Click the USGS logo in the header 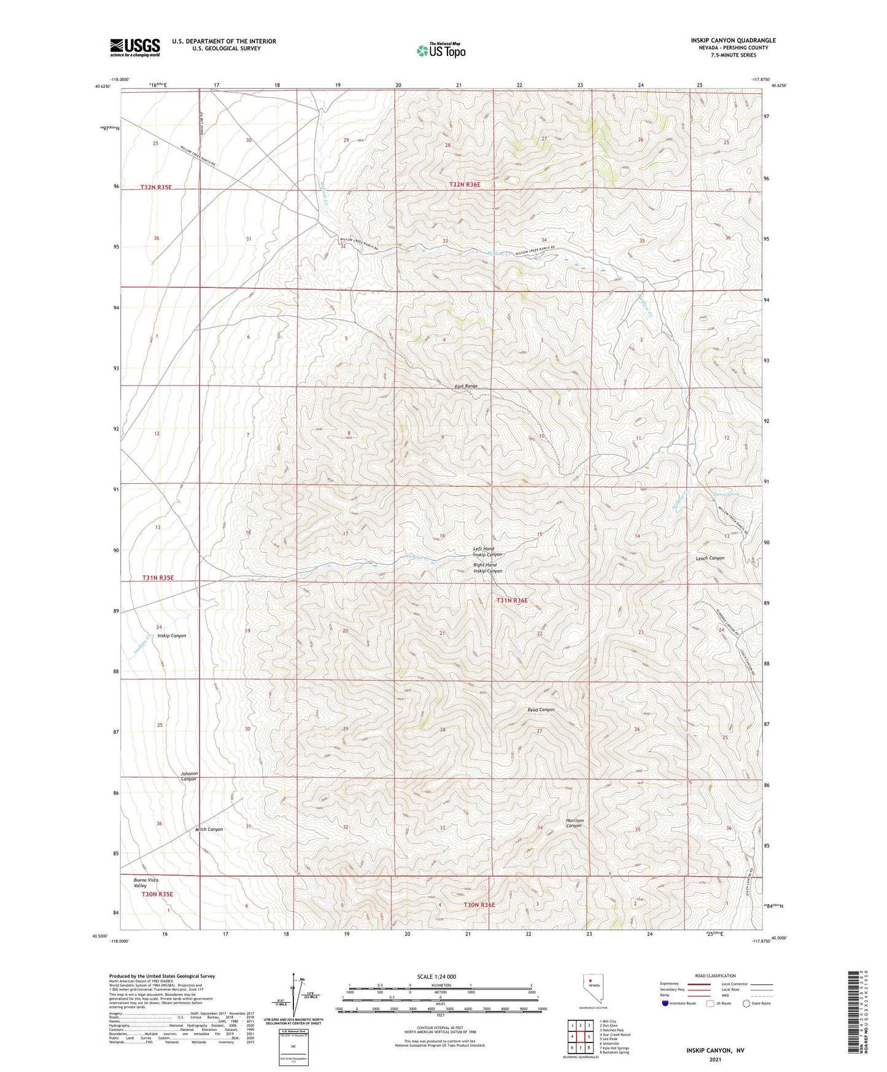[x=135, y=47]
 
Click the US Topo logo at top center [x=441, y=50]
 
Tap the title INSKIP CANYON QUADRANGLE [x=733, y=41]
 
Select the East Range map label [x=466, y=386]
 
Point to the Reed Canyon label [x=541, y=710]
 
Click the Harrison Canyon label [x=574, y=823]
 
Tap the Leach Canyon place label [x=710, y=558]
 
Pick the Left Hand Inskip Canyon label [x=487, y=551]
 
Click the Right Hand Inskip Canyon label [x=487, y=568]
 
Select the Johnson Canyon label [x=188, y=776]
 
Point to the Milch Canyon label [x=209, y=829]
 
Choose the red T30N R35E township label [x=157, y=894]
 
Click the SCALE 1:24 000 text [x=436, y=976]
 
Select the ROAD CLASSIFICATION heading [x=715, y=976]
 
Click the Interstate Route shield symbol [x=665, y=1003]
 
